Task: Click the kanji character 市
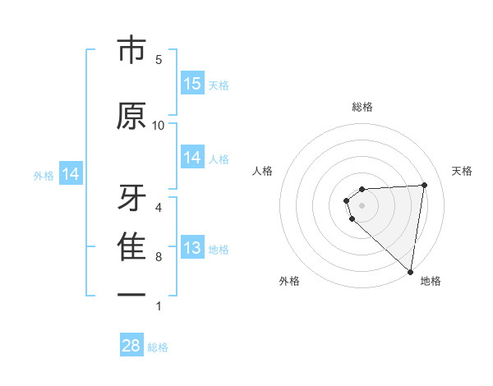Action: pyautogui.click(x=131, y=53)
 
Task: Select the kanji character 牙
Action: pyautogui.click(x=131, y=197)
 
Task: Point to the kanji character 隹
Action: pyautogui.click(x=131, y=246)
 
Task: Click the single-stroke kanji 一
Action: pyautogui.click(x=131, y=293)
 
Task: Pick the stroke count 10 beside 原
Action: pyautogui.click(x=159, y=125)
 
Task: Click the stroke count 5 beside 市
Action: pyautogui.click(x=159, y=60)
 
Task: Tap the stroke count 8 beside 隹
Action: pyautogui.click(x=159, y=257)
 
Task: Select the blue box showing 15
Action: pyautogui.click(x=192, y=84)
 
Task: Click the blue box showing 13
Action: pyautogui.click(x=192, y=248)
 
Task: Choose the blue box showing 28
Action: pyautogui.click(x=131, y=346)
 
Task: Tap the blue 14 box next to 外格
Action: pyautogui.click(x=70, y=174)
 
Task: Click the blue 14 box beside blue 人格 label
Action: pyautogui.click(x=192, y=158)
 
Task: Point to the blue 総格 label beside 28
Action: pyautogui.click(x=158, y=347)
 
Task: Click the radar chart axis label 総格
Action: pyautogui.click(x=362, y=107)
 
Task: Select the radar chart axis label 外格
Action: pyautogui.click(x=289, y=281)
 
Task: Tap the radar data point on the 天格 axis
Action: pyautogui.click(x=424, y=185)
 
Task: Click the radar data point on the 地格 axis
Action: pyautogui.click(x=410, y=272)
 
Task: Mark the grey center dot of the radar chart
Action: pyautogui.click(x=362, y=205)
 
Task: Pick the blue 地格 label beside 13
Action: pyautogui.click(x=219, y=250)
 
